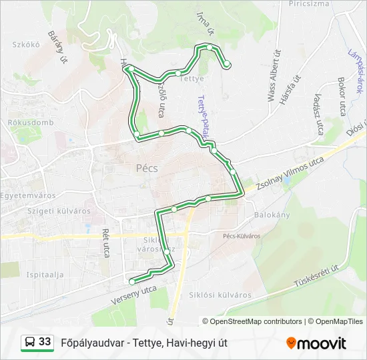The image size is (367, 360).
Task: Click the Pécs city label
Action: coord(146,168)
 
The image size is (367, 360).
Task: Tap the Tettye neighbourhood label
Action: coord(192,78)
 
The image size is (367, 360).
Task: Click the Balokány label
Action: coord(272,215)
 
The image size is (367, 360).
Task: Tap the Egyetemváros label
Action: coord(28,195)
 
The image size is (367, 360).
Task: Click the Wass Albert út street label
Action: coord(273,75)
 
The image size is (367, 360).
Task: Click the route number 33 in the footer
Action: coord(45,342)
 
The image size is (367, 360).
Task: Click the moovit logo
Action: coord(316,343)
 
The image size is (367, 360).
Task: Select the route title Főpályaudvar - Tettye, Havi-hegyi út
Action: coord(144,343)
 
